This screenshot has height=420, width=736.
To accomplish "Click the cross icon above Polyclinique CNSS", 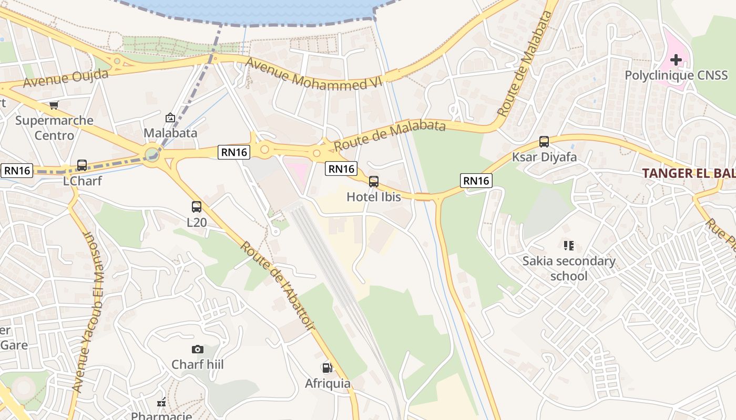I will [676, 60].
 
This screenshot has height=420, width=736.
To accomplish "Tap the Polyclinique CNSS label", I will [676, 76].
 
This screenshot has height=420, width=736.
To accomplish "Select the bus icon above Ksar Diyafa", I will [544, 142].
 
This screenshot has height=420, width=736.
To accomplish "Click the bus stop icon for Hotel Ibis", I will [374, 182].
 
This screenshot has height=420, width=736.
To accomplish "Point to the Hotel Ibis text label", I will [374, 197].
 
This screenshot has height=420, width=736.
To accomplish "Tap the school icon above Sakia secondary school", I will [568, 245].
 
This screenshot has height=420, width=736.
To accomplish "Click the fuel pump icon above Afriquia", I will [327, 368].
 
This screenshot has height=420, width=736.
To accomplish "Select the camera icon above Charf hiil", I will [197, 349].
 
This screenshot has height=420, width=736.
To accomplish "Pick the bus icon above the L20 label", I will [197, 207].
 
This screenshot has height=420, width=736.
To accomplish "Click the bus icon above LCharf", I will [82, 165].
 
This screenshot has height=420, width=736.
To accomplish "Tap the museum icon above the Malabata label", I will [170, 118].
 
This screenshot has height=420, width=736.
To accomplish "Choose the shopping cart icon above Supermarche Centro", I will [54, 105].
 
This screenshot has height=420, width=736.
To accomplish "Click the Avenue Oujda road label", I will [66, 78].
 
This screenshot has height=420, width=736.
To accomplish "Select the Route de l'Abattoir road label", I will [277, 286].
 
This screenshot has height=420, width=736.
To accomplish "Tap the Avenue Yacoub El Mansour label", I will [88, 312].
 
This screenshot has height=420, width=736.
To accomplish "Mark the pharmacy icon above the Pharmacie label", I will [162, 403].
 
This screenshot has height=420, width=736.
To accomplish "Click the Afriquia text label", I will [328, 384].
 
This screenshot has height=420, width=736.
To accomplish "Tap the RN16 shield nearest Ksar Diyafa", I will [476, 181].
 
